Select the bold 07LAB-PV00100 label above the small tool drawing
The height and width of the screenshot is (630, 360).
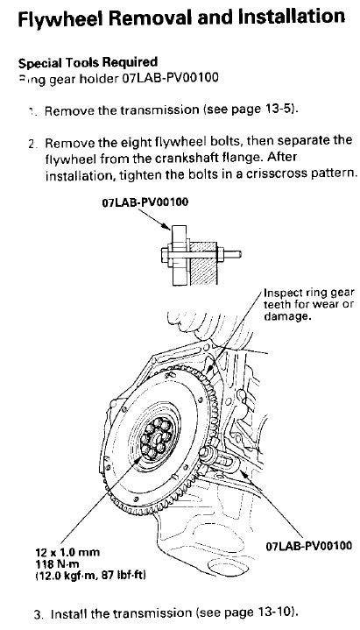tap(146, 202)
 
